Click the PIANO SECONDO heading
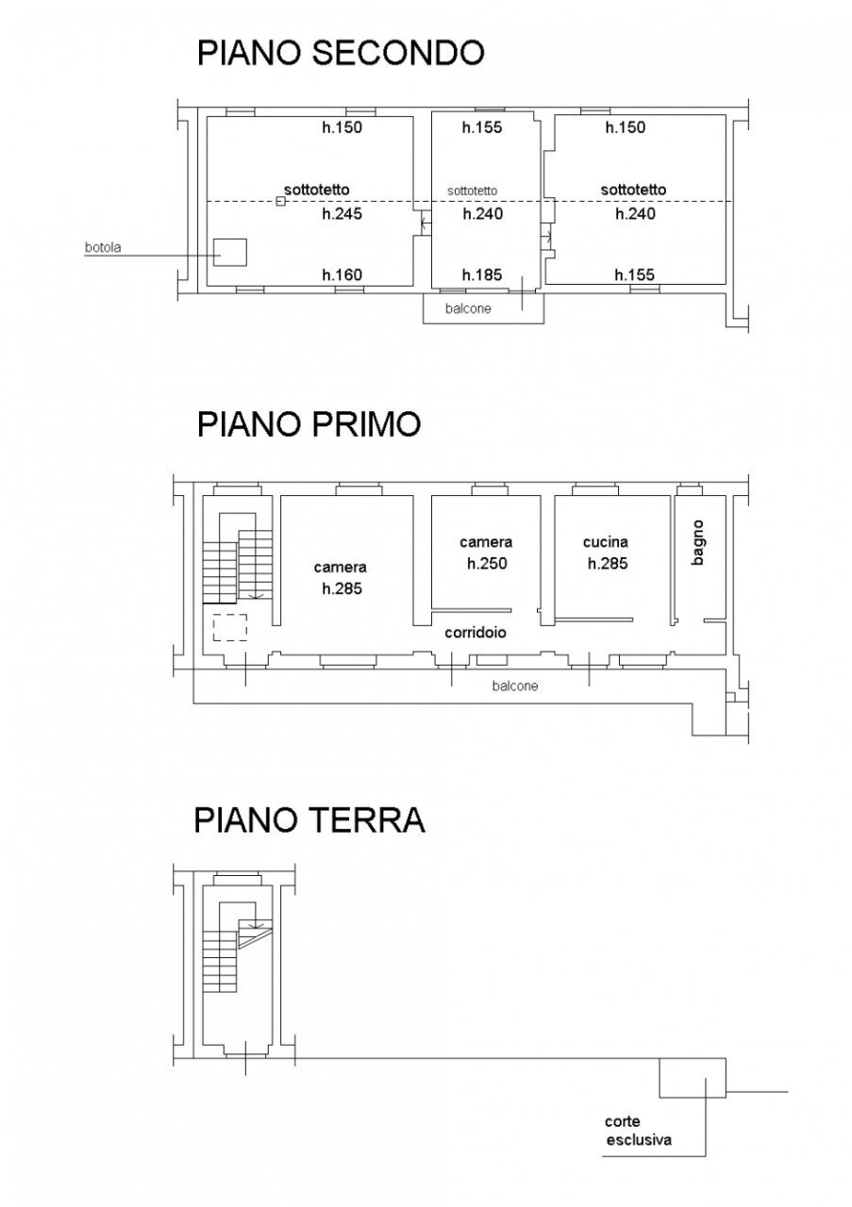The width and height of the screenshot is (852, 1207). tap(340, 53)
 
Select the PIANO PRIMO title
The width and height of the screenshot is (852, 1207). tap(309, 424)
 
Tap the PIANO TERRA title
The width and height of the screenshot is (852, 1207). tap(309, 819)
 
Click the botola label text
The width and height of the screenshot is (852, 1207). tap(104, 249)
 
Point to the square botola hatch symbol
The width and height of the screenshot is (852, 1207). tap(229, 253)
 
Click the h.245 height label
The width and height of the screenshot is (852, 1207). tap(342, 214)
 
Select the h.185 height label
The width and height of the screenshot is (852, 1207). tap(481, 275)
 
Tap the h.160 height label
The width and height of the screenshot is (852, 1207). tap(342, 275)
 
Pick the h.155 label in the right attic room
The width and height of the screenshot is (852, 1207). tap(634, 275)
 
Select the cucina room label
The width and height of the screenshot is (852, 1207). tap(606, 542)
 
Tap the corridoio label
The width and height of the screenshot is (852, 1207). tap(476, 633)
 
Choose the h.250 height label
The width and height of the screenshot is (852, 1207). tap(487, 564)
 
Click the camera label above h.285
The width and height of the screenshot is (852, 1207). tap(341, 568)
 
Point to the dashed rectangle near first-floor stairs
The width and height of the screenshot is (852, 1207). tap(229, 627)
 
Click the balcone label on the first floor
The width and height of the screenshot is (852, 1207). tap(515, 686)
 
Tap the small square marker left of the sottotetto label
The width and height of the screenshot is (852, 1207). tap(280, 201)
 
